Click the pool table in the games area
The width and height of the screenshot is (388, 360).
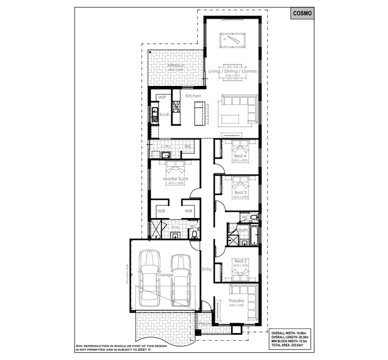pos(231,39)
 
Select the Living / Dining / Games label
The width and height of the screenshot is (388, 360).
pos(232,71)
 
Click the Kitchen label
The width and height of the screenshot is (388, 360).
pos(193,96)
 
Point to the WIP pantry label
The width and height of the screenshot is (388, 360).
pos(162,97)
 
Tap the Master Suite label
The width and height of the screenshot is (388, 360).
pos(176,179)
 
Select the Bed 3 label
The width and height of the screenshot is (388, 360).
pos(240,192)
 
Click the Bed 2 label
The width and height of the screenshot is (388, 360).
pos(240,261)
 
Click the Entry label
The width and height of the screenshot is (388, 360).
pos(207,269)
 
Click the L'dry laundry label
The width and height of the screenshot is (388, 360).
pos(166,147)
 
